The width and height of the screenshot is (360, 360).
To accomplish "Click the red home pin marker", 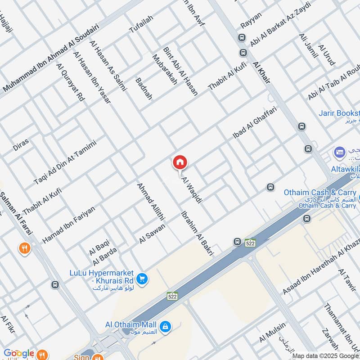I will tap(180, 162).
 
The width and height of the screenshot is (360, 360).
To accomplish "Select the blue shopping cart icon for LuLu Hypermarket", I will tap(143, 279).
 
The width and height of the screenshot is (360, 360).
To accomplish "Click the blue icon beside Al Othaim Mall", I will tap(166, 325).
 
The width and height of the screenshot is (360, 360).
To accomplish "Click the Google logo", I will tap(18, 353).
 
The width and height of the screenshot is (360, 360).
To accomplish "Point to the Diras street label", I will tap(21, 144).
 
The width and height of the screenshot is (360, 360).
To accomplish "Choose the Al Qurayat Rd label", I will tap(70, 82).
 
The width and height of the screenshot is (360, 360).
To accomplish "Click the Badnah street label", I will tap(144, 89).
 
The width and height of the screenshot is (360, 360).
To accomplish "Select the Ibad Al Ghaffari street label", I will tap(255, 122).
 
